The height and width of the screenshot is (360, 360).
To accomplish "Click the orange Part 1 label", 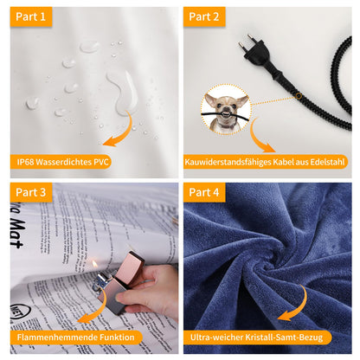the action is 31,16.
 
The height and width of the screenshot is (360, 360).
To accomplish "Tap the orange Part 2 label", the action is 204,16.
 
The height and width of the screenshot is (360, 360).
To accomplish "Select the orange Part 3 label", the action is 31,192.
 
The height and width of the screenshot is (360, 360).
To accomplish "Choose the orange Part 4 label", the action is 204,192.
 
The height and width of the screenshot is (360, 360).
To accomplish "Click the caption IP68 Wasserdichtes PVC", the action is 62,162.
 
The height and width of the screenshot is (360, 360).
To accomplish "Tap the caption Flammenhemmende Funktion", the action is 75,337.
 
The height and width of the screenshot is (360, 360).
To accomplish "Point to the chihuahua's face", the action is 227,107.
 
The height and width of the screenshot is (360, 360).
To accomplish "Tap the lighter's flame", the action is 94,264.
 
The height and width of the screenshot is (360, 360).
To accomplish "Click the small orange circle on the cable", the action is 299,96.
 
